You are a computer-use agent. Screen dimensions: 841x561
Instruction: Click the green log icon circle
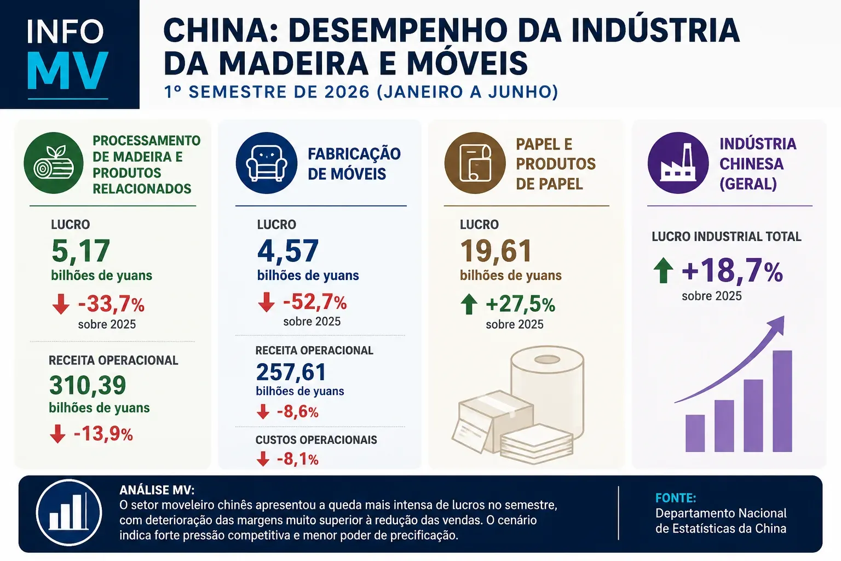click(x=54, y=163)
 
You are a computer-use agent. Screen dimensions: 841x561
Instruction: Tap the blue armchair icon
click(x=267, y=163)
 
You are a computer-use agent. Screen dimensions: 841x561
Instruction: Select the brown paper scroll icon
click(x=475, y=163)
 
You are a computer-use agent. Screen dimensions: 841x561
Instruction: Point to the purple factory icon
click(x=678, y=163)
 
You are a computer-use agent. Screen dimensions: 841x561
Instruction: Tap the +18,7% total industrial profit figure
click(x=733, y=271)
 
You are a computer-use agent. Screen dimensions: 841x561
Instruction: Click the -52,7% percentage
click(x=315, y=302)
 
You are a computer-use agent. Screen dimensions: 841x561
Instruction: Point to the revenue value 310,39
click(x=88, y=386)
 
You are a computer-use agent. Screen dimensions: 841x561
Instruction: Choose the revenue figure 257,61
click(x=291, y=372)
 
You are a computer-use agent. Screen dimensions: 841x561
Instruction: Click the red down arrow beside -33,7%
click(x=61, y=304)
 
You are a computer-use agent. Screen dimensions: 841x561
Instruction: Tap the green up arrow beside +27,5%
click(x=469, y=304)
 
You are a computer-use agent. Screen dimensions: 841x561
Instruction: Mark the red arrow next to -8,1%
click(x=263, y=459)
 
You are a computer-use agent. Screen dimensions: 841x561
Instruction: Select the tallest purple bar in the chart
click(x=782, y=401)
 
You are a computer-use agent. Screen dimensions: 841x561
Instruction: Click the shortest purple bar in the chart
click(x=695, y=433)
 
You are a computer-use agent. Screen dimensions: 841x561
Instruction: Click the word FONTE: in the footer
click(x=676, y=498)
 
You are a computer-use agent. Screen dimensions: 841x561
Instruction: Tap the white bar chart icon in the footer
click(x=69, y=513)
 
